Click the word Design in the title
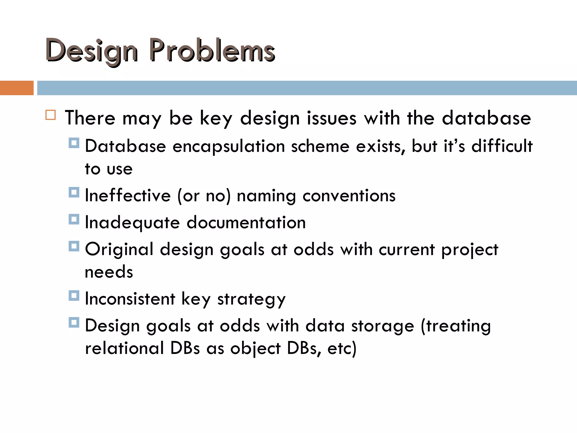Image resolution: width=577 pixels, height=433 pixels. coord(92,51)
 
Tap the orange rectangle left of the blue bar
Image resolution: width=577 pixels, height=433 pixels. coord(17,88)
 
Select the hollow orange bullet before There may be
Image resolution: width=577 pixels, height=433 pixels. coord(51,115)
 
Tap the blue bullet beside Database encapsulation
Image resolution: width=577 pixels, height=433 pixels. coord(74,143)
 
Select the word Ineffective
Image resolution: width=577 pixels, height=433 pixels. coord(128,195)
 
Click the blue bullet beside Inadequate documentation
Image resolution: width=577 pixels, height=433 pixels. coord(74,219)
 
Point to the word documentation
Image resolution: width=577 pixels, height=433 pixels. coord(246,223)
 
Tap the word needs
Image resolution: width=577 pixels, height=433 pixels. coord(109,272)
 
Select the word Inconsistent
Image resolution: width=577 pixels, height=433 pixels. coord(130,299)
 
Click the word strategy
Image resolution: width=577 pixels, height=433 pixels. coord(251,299)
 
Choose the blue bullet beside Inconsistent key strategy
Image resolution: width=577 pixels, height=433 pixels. coord(74,296)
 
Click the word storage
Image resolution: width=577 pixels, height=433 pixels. coord(382,326)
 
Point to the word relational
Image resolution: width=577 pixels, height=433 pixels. coord(124,348)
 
